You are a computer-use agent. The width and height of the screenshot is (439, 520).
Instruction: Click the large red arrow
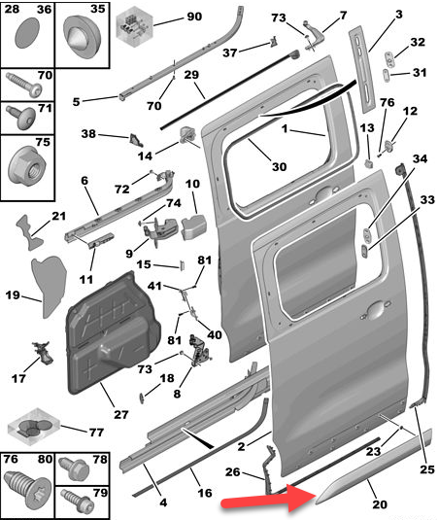[268, 498]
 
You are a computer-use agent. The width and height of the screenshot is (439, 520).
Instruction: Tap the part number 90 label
[194, 17]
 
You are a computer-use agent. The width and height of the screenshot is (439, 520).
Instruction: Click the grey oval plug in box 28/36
[27, 33]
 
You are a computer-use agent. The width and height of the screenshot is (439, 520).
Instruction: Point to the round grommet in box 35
[82, 36]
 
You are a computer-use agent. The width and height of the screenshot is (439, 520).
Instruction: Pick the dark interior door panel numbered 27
[113, 333]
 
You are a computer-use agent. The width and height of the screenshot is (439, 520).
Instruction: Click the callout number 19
[13, 295]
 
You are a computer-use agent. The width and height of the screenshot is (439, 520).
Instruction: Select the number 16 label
[205, 493]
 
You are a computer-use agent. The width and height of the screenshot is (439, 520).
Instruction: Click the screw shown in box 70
[24, 86]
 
